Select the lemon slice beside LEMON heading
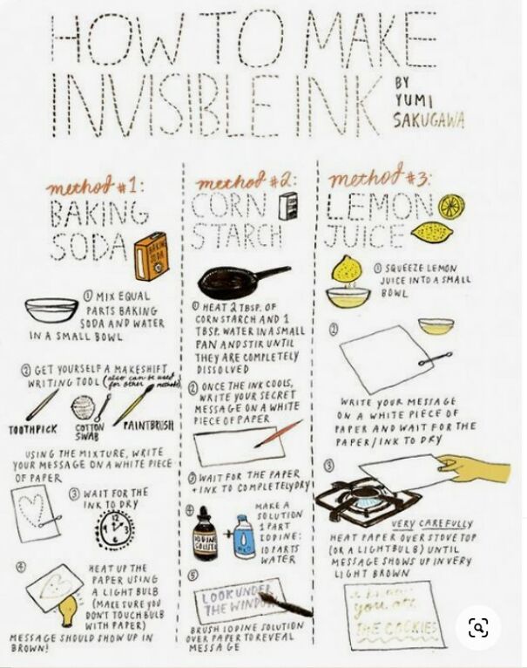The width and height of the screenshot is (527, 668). point(451,207)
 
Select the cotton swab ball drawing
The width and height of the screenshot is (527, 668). point(82,406)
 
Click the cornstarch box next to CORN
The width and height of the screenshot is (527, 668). point(283,208)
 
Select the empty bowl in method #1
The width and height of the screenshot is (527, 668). point(51,310)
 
